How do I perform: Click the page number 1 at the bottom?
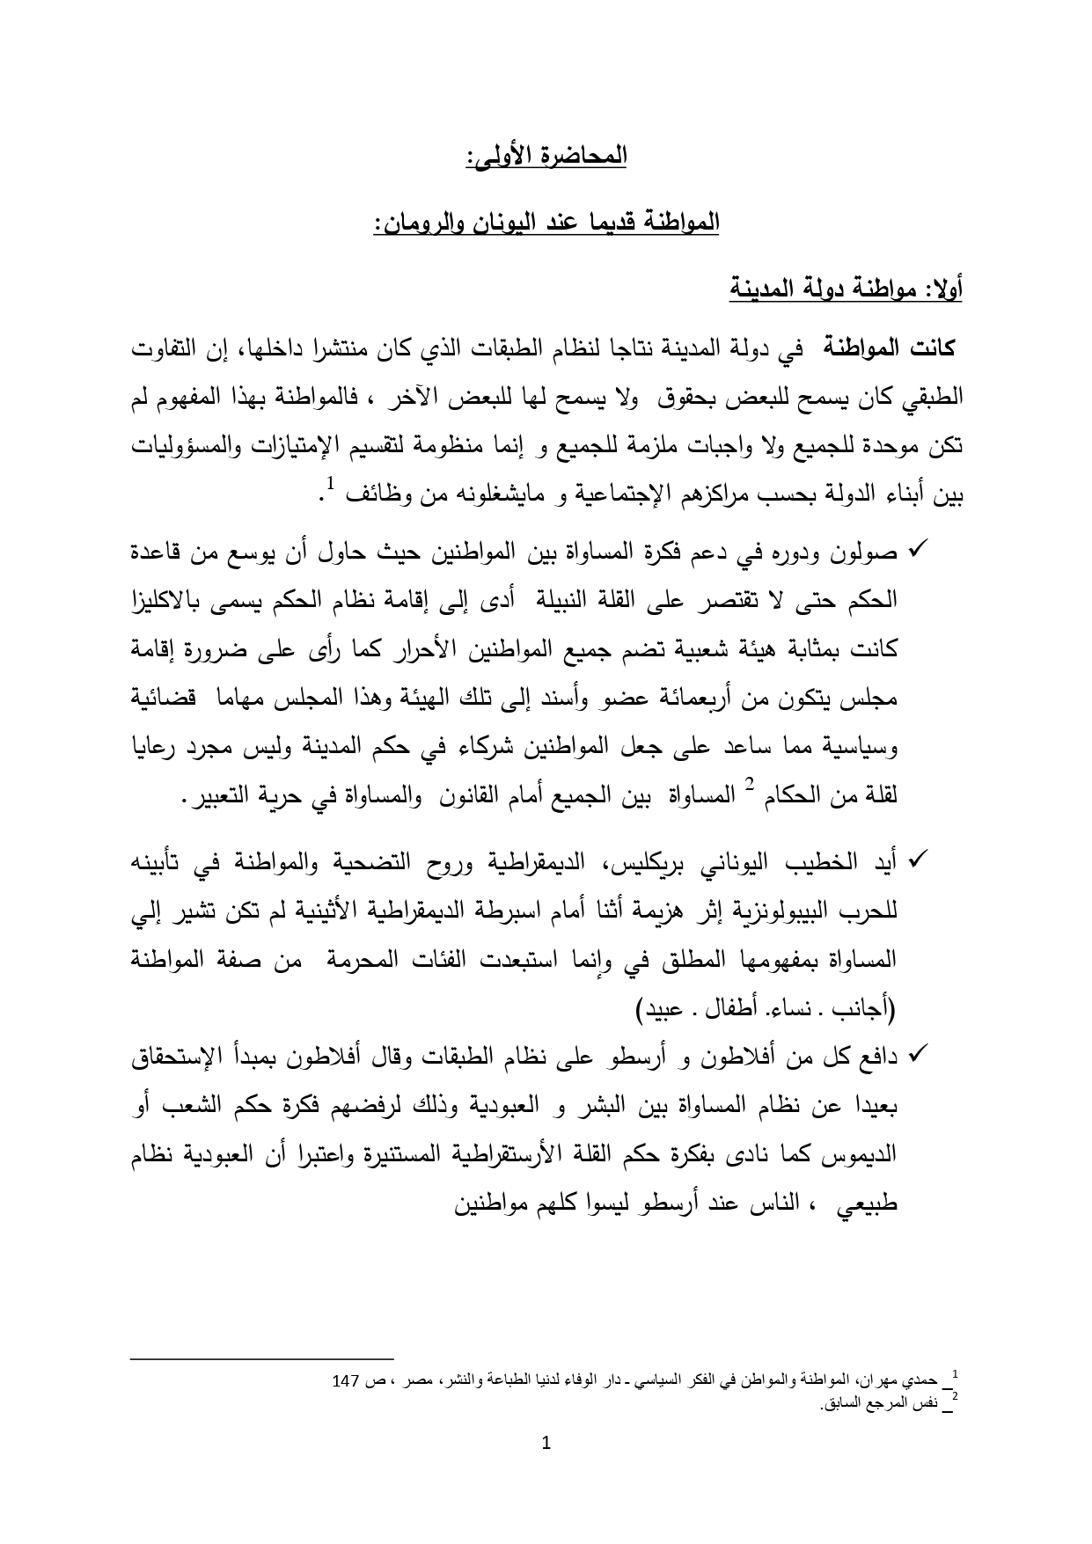(546, 1467)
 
